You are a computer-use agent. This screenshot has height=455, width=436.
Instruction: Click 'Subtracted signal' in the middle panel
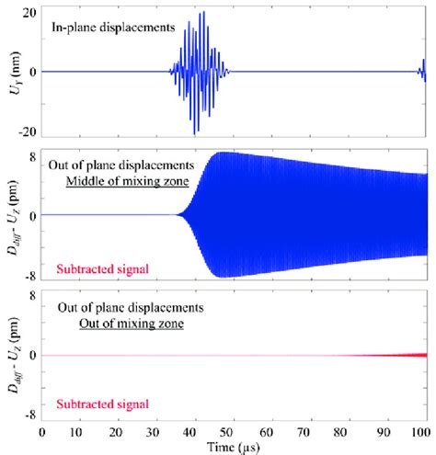point(93,268)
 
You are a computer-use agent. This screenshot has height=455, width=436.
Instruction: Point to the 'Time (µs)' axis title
point(232,446)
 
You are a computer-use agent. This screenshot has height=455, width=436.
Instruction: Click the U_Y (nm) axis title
point(12,72)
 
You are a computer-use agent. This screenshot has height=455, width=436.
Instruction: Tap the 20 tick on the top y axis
point(29,14)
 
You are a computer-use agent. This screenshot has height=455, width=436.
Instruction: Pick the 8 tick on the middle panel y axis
point(32,158)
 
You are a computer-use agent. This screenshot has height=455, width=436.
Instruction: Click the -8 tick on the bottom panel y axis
point(29,413)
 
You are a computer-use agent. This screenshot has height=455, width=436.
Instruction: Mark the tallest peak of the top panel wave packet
point(202,13)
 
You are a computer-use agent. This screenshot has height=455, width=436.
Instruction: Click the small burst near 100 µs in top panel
point(423,69)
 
